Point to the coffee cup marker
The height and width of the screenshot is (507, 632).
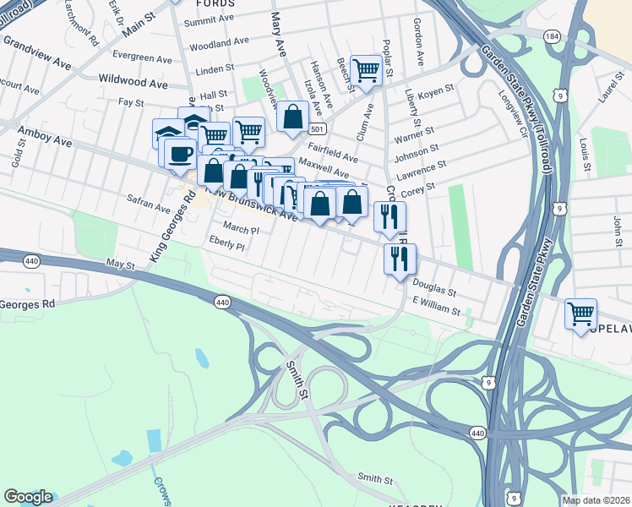pos(178,153)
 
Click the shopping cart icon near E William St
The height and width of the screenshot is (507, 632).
pos(580,315)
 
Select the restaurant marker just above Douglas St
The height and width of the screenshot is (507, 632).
pos(400,259)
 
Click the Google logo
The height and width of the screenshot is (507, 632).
pos(28,497)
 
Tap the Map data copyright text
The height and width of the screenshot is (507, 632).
pos(596,500)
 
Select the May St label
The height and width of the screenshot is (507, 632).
pos(121,265)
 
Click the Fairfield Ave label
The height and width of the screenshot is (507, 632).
pos(335,154)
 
